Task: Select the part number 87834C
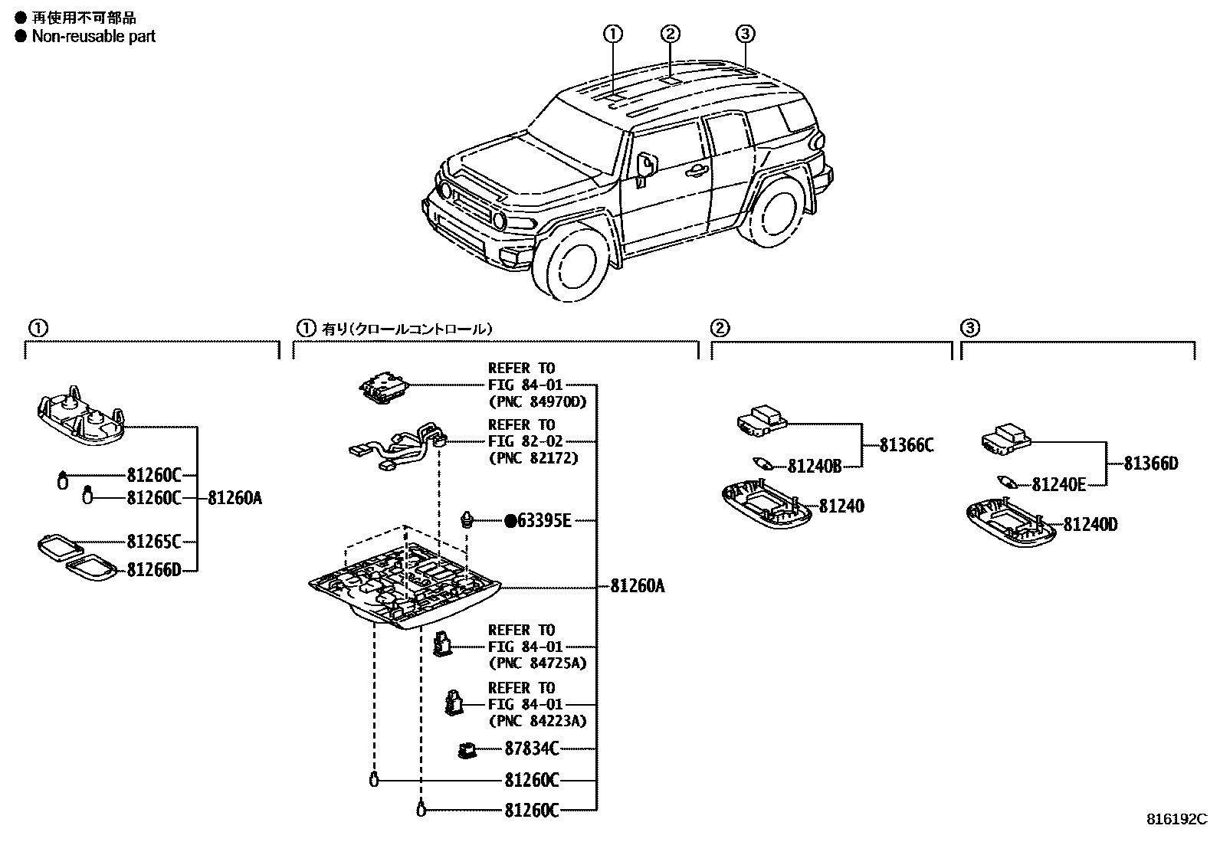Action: tap(532, 749)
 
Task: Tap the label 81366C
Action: tap(907, 445)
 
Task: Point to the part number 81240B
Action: tap(815, 466)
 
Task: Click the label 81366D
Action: tap(1151, 464)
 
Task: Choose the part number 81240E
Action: tap(1059, 484)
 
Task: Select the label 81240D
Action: tap(1090, 525)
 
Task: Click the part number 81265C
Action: tap(153, 542)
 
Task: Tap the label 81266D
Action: tap(153, 570)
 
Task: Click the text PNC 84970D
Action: tap(536, 401)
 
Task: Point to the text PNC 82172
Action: tap(533, 458)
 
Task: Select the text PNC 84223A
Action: tap(536, 721)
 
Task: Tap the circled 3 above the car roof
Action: tap(746, 33)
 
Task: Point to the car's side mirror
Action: tap(645, 168)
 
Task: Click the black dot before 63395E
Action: tap(510, 521)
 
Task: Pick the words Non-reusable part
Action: tap(93, 36)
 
